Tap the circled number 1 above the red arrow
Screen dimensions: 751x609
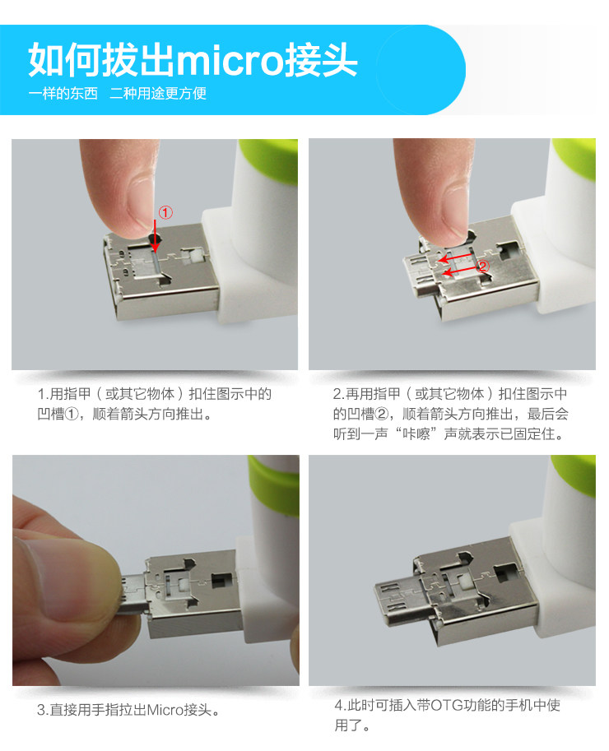[165, 213]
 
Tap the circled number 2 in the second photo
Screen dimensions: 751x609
[483, 267]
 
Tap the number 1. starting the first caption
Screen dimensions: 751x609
[44, 394]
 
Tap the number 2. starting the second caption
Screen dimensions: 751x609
[338, 394]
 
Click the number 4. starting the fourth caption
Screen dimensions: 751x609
[339, 707]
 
